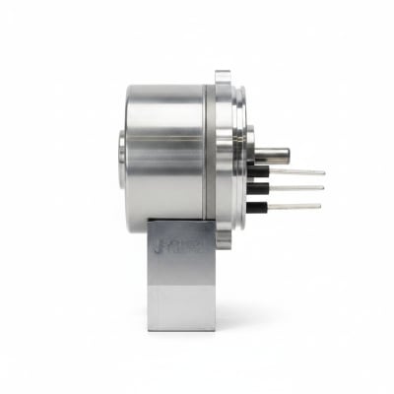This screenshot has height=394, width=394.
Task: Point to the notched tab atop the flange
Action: (x=223, y=77)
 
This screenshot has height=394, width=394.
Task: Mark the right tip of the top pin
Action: (x=323, y=171)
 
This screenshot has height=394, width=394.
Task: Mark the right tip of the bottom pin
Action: (x=319, y=207)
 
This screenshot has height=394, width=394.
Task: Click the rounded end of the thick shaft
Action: (x=288, y=154)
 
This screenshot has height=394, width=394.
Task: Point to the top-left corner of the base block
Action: (x=154, y=229)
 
